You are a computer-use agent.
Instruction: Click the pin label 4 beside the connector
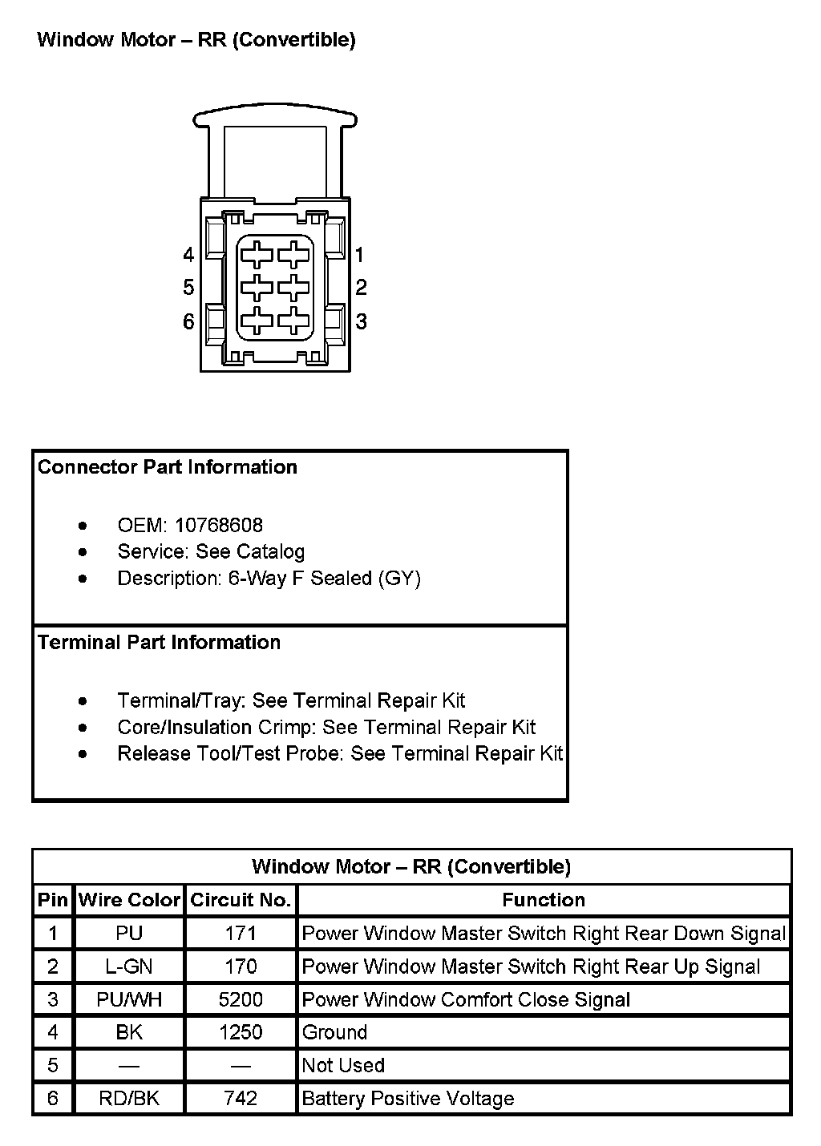pos(188,255)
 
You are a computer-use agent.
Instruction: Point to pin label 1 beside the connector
pos(359,255)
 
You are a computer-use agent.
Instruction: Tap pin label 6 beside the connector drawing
pos(188,321)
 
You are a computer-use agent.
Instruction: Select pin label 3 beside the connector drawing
pos(362,321)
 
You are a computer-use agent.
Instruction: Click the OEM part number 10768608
pos(219,525)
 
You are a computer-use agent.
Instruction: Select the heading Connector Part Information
pos(168,467)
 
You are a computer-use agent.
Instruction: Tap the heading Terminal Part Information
pos(159,643)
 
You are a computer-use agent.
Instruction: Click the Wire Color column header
pos(129,900)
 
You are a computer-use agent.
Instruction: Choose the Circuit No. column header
pos(241,900)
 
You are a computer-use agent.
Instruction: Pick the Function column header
pos(544,900)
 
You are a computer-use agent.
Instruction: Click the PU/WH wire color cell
pos(129,999)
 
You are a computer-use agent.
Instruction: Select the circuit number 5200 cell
pos(241,999)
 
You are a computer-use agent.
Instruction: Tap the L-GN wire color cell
pos(129,966)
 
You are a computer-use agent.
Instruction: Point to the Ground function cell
pos(334,1032)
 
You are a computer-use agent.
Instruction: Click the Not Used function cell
pos(343,1065)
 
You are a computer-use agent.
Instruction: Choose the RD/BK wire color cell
pos(129,1098)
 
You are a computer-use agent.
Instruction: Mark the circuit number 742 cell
pos(241,1098)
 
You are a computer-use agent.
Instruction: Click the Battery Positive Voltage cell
pos(408,1098)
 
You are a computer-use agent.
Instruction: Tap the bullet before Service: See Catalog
pos(83,552)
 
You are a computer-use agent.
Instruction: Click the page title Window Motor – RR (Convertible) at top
pos(196,39)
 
